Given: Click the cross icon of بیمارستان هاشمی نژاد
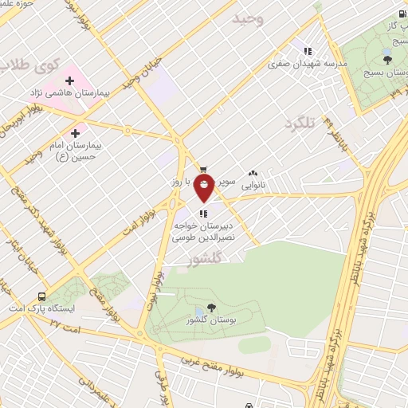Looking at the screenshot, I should [x=69, y=80].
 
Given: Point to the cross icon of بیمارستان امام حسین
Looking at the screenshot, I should [x=76, y=132].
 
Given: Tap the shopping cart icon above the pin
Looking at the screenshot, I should [x=204, y=168].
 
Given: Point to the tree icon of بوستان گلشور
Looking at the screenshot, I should [x=211, y=307].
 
